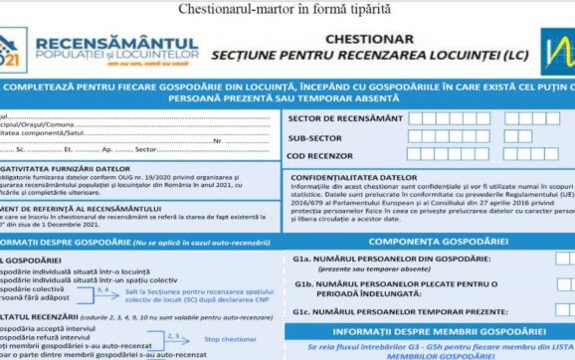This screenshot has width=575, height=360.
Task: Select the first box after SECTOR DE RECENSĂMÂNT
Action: (419, 118)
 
